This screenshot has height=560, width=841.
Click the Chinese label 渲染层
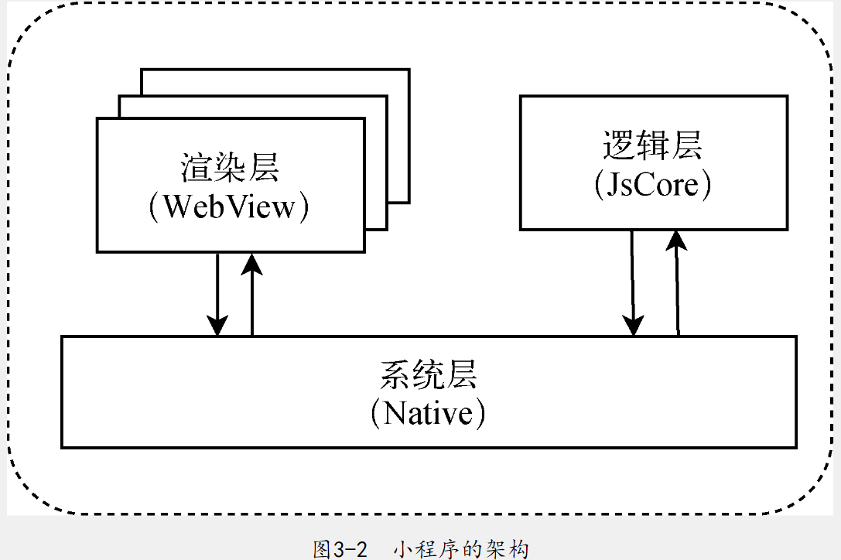point(230,168)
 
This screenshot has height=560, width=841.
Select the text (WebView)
point(230,207)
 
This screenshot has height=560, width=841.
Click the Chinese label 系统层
point(428,375)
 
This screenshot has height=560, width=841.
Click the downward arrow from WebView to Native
point(218,294)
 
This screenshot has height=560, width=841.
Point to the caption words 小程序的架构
point(461,549)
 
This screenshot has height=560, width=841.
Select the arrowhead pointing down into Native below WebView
point(218,326)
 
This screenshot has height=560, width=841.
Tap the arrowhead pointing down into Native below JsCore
point(634,326)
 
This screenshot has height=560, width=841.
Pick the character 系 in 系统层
point(395,375)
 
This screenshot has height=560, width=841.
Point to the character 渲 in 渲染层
point(197,168)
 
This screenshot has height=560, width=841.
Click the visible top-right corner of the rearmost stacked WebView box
point(409,70)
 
